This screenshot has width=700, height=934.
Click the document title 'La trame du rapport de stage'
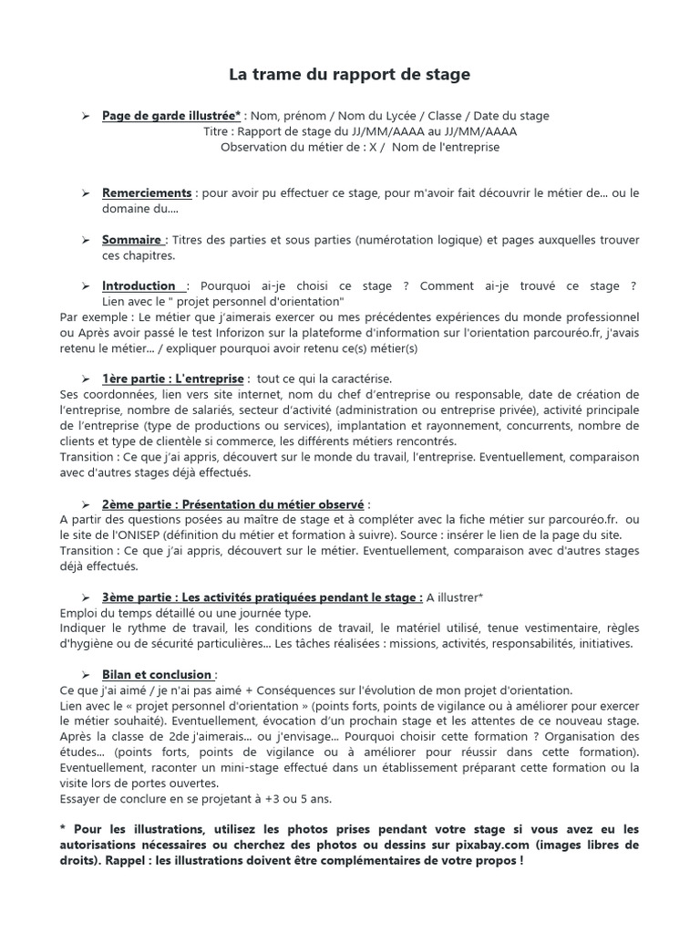click(x=349, y=75)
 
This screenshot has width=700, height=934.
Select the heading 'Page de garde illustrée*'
click(x=171, y=116)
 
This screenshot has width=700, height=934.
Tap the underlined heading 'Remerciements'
click(x=147, y=193)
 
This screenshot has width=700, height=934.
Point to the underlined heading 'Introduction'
click(x=141, y=285)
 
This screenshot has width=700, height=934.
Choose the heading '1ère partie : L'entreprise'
click(x=173, y=379)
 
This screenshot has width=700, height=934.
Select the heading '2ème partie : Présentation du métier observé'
click(x=232, y=503)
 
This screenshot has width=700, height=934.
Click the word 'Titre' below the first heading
click(x=217, y=131)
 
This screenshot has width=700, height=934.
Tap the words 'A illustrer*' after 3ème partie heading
click(x=455, y=597)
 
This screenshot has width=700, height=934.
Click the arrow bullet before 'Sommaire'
click(x=85, y=240)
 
